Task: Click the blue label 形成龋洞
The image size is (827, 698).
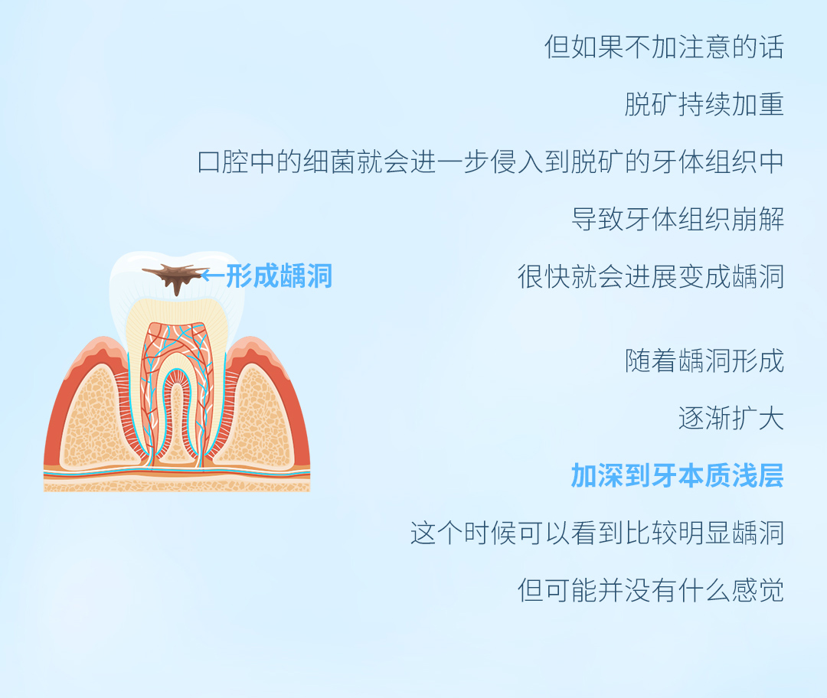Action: (279, 276)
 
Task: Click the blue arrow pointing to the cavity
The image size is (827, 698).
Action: (213, 275)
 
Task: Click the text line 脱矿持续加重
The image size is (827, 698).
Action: (704, 104)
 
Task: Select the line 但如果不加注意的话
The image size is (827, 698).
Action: (664, 47)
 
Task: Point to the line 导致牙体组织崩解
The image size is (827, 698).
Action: (678, 219)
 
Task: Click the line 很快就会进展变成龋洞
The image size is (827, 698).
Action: (651, 276)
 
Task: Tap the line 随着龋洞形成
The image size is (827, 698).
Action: (704, 361)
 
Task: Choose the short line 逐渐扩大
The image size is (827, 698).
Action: (731, 419)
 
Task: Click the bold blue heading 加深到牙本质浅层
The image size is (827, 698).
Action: (678, 475)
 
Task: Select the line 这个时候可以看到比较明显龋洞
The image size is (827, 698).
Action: (597, 533)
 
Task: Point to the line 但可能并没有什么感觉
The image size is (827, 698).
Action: (651, 590)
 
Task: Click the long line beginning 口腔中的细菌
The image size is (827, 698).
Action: (491, 161)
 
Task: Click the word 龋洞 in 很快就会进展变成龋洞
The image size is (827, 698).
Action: (758, 276)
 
